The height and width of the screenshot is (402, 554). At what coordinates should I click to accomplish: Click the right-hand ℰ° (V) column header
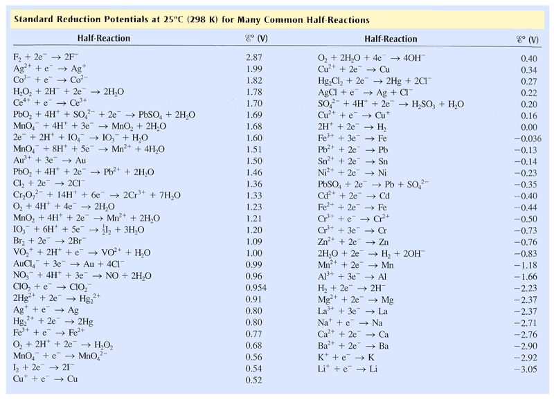coord(521,39)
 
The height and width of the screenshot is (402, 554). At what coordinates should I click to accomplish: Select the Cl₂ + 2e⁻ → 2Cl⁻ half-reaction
coord(49,183)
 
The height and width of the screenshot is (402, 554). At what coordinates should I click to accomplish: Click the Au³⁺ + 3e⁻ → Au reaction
coord(49,161)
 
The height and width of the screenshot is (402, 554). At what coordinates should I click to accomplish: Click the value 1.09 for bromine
coord(255,241)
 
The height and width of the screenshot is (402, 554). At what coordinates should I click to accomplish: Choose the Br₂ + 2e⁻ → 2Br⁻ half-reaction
coord(49,241)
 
